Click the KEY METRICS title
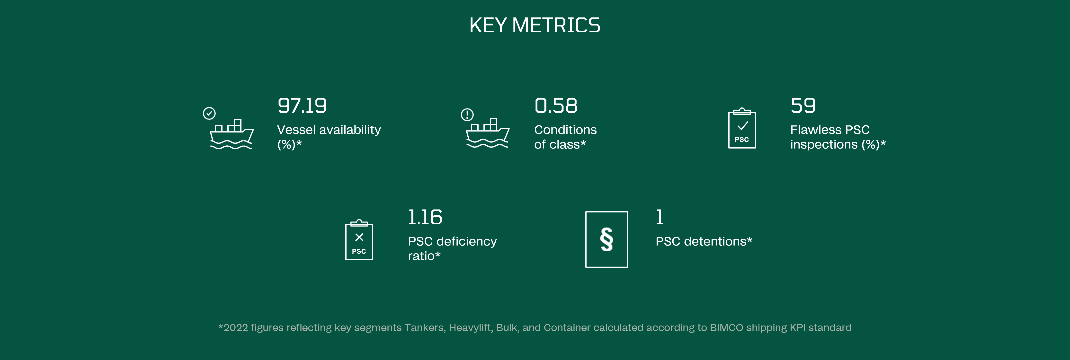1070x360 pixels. click(535, 25)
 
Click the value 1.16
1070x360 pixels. click(425, 217)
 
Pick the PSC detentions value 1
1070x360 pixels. click(660, 217)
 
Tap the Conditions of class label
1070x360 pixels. click(565, 137)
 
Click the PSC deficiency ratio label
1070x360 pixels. click(452, 248)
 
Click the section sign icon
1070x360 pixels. click(606, 240)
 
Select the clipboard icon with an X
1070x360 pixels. click(359, 240)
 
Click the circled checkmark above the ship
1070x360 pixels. click(209, 113)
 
